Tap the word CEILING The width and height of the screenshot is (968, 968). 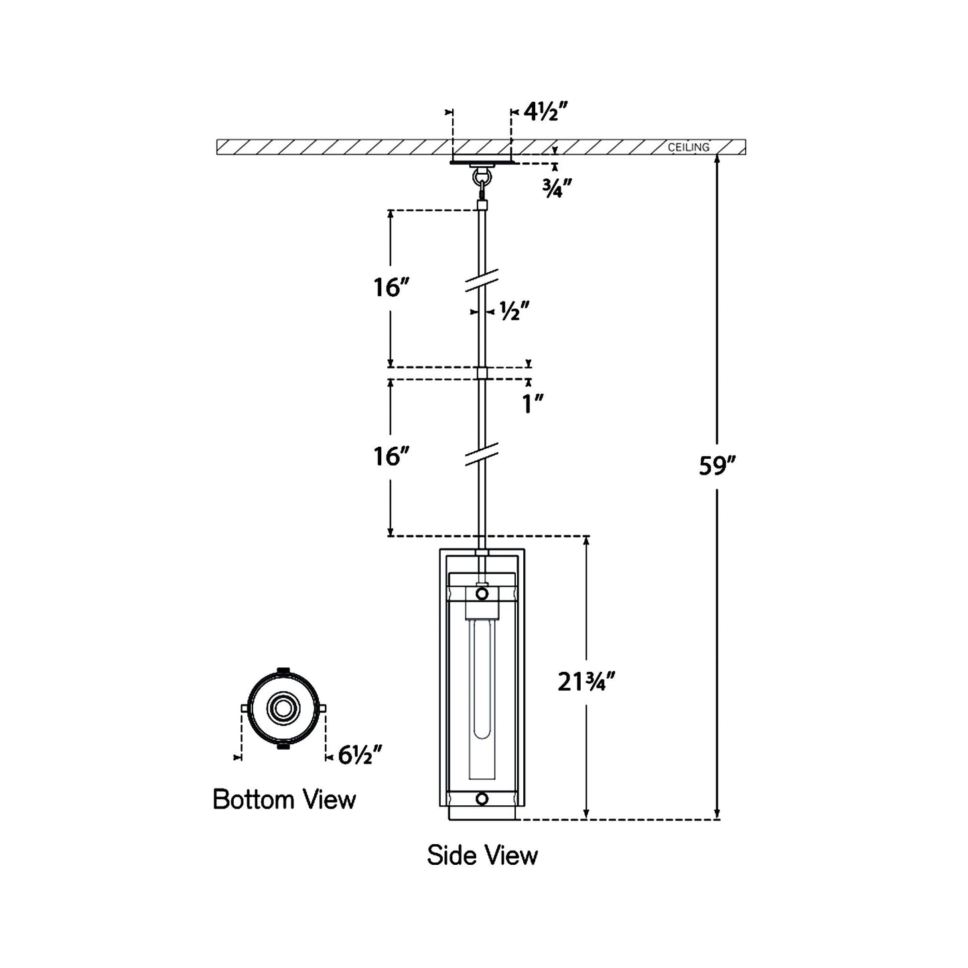click(x=688, y=147)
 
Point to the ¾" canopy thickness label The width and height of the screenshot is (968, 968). click(x=556, y=189)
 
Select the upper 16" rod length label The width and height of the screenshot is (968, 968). click(x=391, y=288)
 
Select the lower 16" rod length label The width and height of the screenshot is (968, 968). click(x=391, y=457)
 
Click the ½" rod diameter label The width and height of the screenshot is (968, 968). click(x=514, y=312)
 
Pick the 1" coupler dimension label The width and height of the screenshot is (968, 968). click(x=533, y=404)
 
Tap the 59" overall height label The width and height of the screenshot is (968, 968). click(x=717, y=466)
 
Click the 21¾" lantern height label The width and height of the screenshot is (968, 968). click(x=586, y=683)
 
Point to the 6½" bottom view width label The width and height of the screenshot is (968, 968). click(x=360, y=755)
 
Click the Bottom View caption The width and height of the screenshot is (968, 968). click(x=284, y=800)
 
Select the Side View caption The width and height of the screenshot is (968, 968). click(x=482, y=855)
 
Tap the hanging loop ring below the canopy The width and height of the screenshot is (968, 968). click(x=482, y=179)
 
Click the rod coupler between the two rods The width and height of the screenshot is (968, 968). click(x=482, y=373)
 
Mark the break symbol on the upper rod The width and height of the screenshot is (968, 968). click(x=482, y=281)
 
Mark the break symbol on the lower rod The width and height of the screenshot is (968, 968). click(x=482, y=454)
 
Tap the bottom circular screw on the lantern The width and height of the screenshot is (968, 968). click(x=482, y=799)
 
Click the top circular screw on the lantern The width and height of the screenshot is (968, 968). click(x=482, y=594)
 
